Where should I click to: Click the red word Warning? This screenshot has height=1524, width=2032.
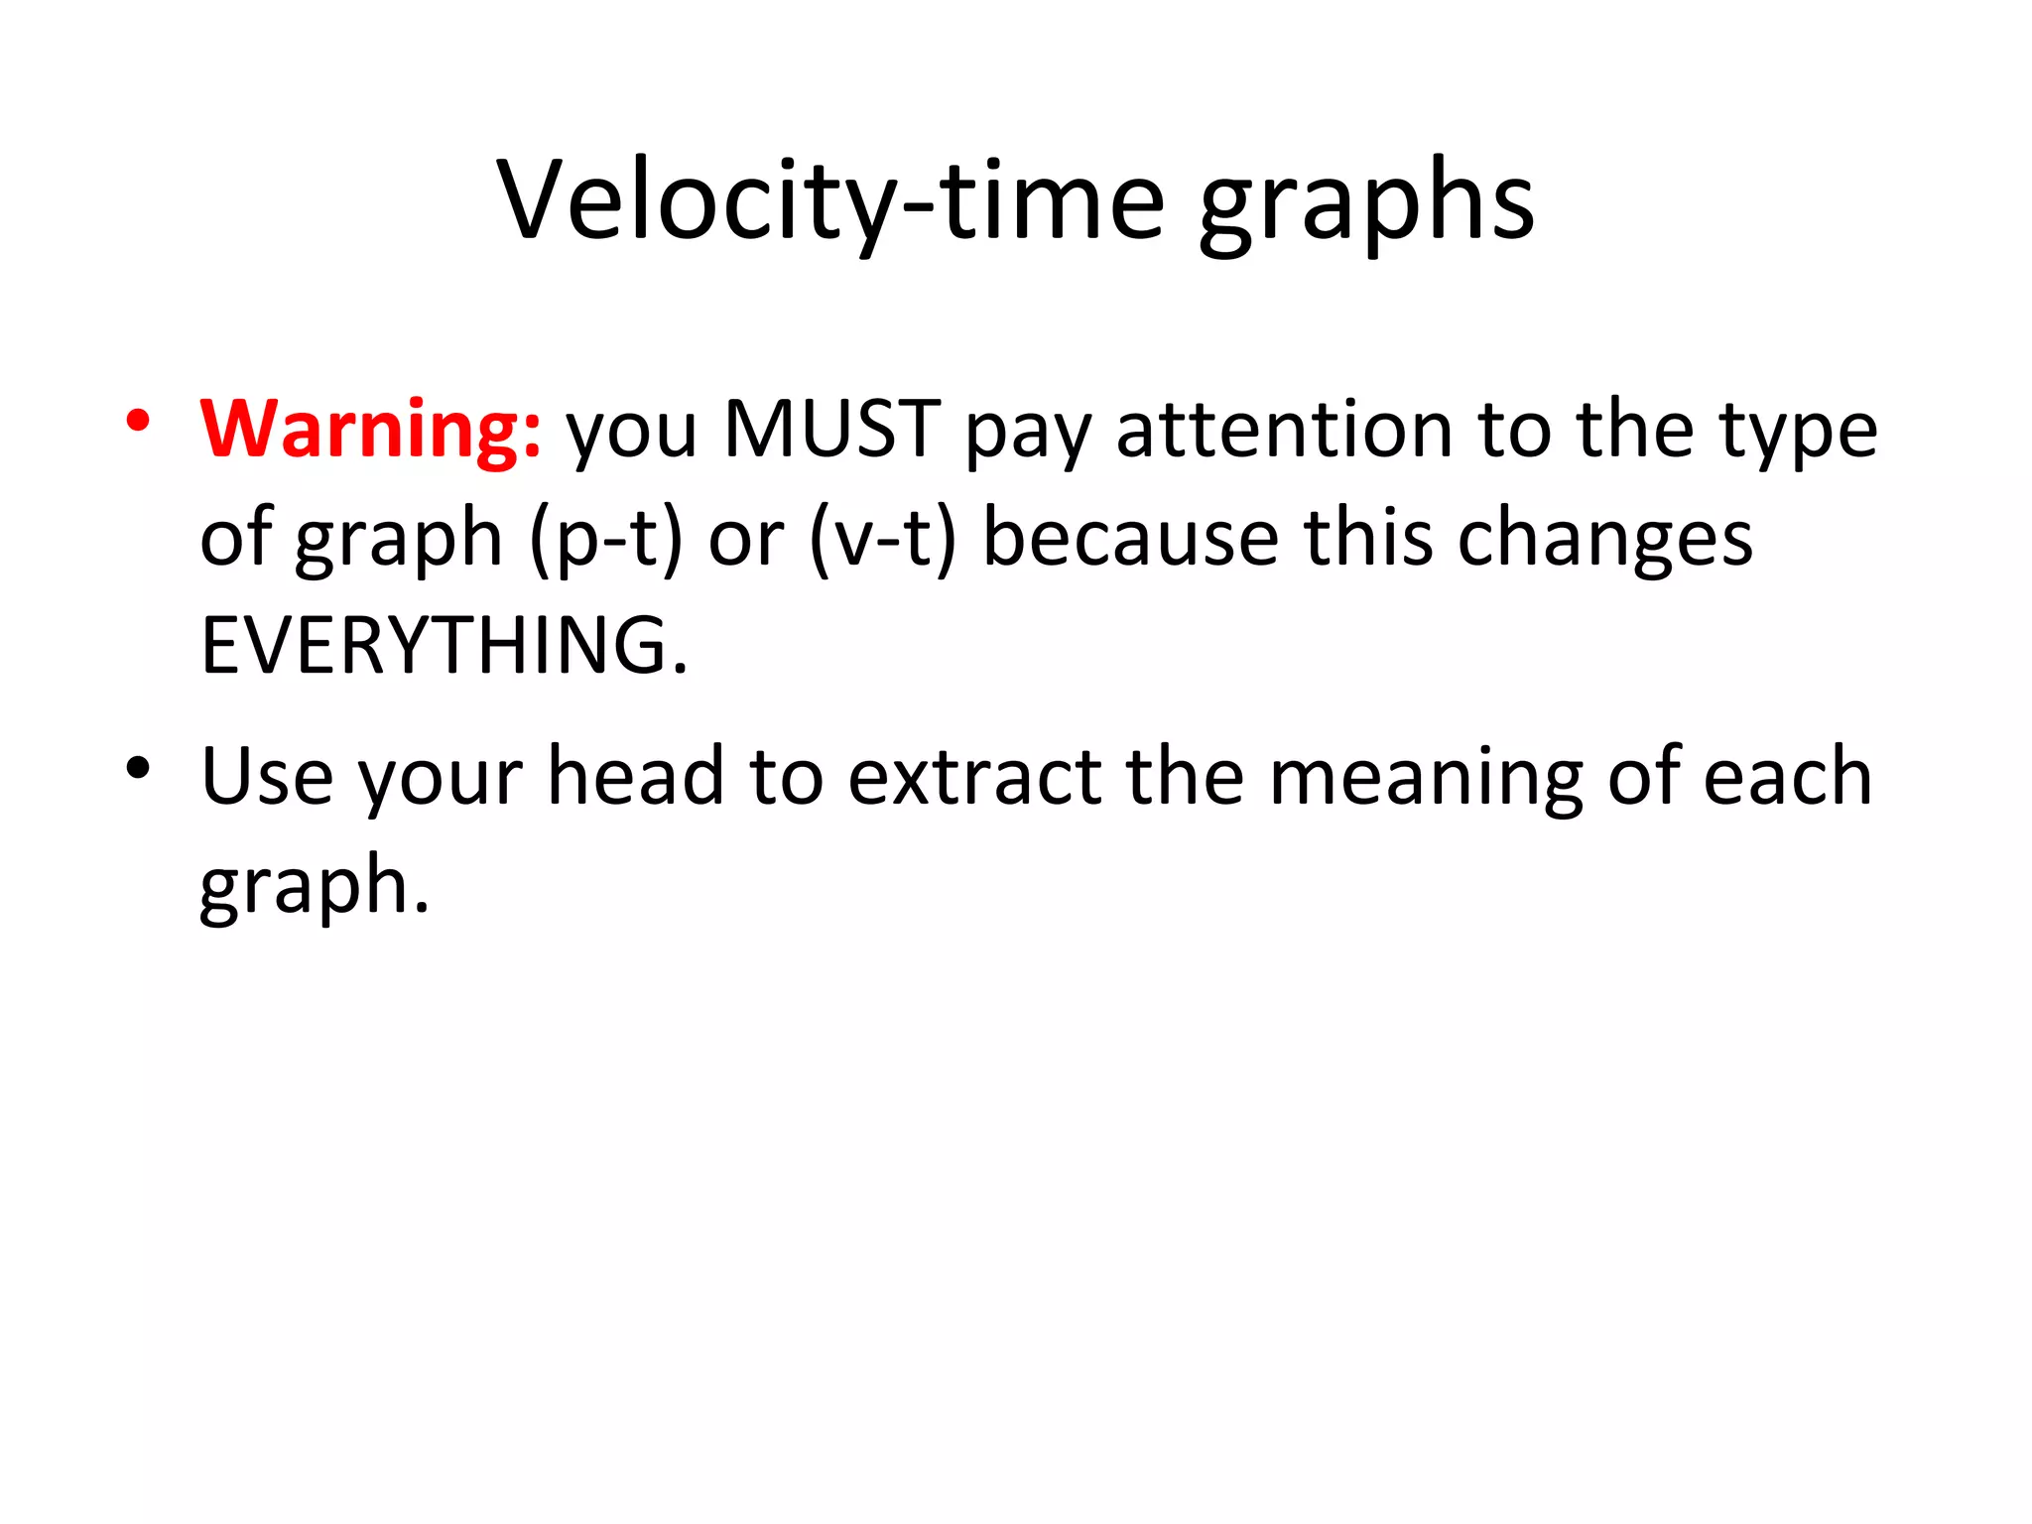tap(370, 429)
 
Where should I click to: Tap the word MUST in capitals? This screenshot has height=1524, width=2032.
tap(831, 429)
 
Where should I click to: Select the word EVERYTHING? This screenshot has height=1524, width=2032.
tap(444, 645)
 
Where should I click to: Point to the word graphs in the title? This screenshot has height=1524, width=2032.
tap(1366, 204)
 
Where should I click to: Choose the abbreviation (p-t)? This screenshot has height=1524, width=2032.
tap(606, 538)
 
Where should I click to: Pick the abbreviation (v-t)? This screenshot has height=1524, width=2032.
tap(882, 538)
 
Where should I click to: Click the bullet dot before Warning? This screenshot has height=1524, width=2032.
tap(138, 421)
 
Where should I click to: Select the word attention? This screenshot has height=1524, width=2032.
tap(1284, 429)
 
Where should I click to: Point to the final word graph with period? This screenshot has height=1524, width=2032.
tap(315, 887)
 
